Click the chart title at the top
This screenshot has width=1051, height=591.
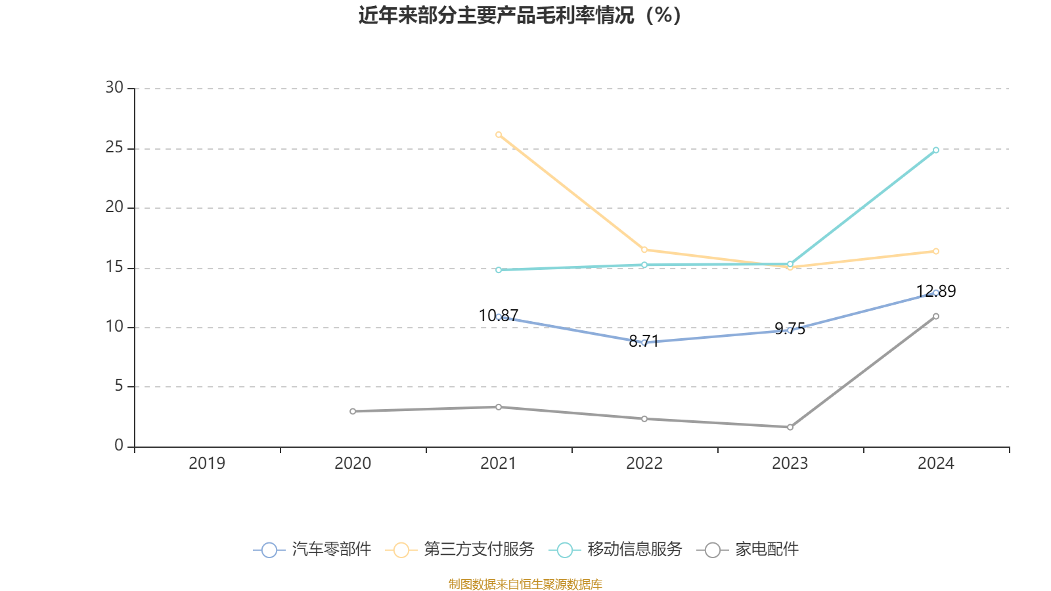520,15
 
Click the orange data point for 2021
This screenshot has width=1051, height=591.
499,135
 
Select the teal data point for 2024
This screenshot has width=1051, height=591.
936,150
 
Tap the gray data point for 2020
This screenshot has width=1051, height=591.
353,411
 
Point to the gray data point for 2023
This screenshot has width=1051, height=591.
790,427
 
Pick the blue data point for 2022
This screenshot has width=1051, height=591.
644,342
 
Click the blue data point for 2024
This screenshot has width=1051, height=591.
936,292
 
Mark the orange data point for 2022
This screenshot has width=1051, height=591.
644,250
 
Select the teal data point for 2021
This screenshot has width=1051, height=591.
499,270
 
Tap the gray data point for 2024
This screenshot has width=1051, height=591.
936,316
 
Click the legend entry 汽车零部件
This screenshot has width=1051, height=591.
313,550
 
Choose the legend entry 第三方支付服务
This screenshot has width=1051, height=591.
460,550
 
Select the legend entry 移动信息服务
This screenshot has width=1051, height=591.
616,550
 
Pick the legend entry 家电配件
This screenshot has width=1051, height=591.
752,550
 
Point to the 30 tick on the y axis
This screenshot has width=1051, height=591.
114,88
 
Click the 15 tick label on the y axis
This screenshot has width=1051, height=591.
114,267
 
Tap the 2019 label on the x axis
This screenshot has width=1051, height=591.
207,464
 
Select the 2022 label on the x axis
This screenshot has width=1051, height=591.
644,464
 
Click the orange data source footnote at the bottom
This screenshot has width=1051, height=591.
525,584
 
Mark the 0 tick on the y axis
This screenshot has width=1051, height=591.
119,446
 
